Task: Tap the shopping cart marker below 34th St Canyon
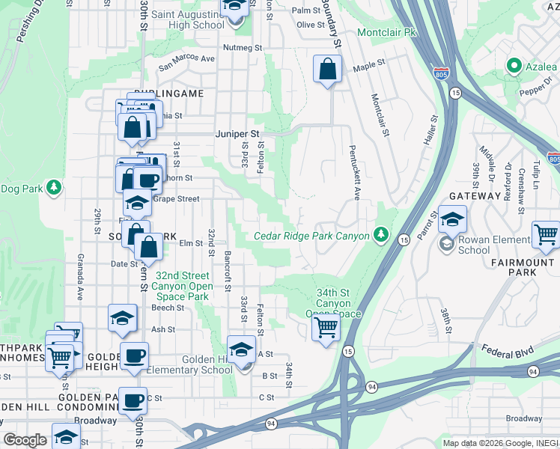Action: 326,327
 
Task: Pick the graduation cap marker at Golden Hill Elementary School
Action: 241,349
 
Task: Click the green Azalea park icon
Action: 514,67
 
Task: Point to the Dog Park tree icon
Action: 54,187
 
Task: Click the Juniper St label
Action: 237,134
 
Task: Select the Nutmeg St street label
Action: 242,47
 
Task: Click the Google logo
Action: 25,440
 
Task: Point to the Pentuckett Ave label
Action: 355,178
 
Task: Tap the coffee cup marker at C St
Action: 135,401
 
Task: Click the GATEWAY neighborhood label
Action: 475,195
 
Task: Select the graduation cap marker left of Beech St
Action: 123,319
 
